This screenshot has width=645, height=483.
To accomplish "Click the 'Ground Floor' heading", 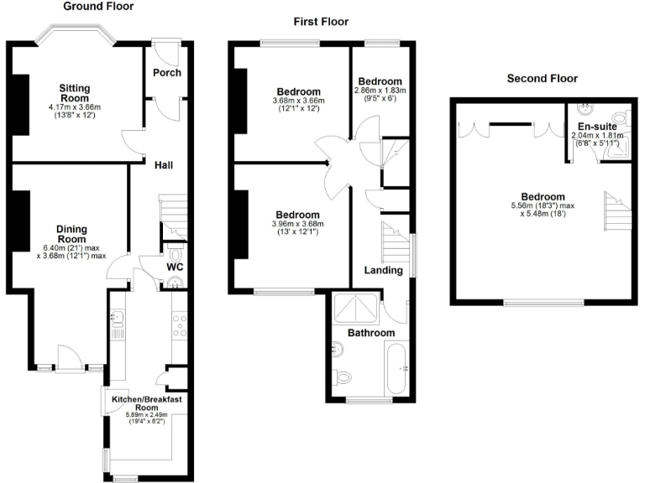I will [x=98, y=6].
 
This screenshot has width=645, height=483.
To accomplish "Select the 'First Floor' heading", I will [x=321, y=22].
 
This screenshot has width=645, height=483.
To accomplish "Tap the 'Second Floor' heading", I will [x=542, y=79].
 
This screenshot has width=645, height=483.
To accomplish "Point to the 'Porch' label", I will [x=166, y=72].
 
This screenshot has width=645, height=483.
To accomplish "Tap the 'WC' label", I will [x=174, y=267].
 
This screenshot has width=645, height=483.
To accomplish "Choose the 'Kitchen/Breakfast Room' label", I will [x=147, y=404].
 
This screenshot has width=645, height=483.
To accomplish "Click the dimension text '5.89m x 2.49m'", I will [x=148, y=414].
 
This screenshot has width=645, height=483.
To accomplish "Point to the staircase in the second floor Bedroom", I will [x=615, y=209].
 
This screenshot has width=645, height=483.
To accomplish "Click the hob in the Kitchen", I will [x=179, y=324].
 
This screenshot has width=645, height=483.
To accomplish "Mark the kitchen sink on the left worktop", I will [x=118, y=319].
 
